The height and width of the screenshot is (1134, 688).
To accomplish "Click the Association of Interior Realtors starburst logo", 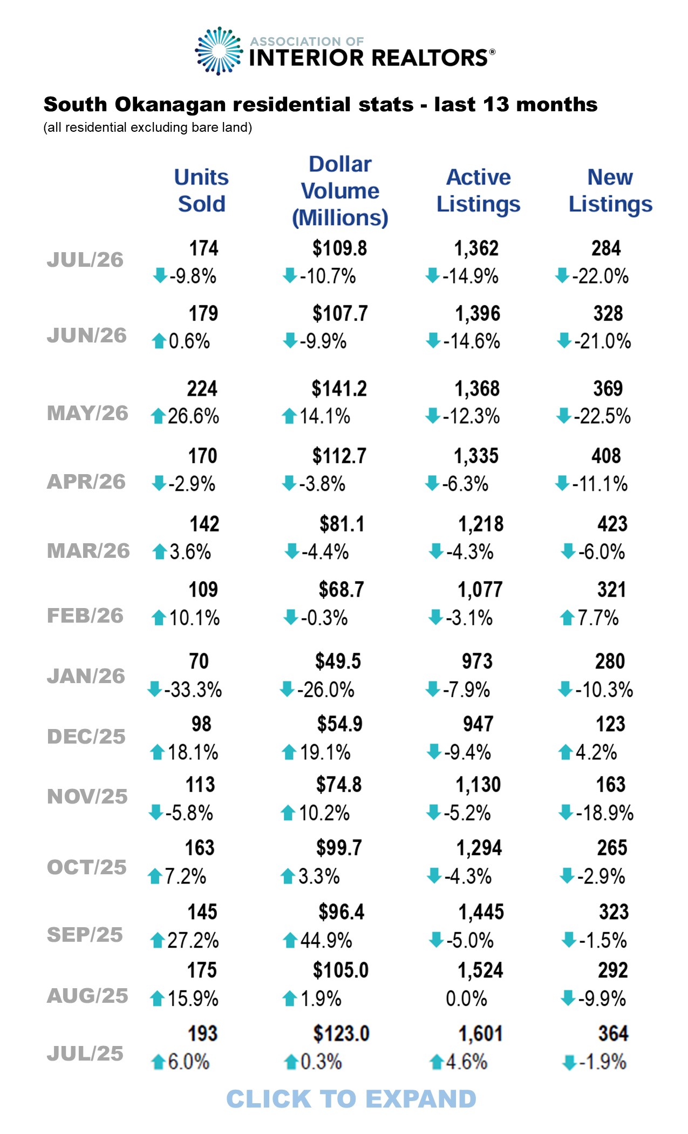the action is (219, 51).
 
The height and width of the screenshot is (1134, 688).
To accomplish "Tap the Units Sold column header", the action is (201, 191).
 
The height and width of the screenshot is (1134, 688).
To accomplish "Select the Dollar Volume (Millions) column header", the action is (340, 191).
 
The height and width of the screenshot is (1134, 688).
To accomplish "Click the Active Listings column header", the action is (478, 191).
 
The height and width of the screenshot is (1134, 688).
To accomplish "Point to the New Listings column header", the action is (610, 191).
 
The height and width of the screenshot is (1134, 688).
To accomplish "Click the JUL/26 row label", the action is (85, 260).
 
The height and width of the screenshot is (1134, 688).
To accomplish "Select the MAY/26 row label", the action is (87, 413).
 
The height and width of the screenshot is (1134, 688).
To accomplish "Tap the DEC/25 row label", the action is (86, 737).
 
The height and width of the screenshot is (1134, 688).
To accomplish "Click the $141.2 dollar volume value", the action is (339, 389).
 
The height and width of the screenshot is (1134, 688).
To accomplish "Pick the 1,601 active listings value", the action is (480, 1034).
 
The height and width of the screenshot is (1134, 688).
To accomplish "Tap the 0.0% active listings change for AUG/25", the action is (466, 998).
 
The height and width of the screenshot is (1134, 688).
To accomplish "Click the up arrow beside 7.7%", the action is (567, 618).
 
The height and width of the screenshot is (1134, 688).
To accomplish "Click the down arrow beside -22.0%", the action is (562, 275).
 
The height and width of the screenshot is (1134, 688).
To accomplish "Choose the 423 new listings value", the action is (612, 524).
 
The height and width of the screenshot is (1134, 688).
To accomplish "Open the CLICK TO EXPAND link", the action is (351, 1099).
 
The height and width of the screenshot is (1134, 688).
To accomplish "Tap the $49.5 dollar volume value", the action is (338, 661).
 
